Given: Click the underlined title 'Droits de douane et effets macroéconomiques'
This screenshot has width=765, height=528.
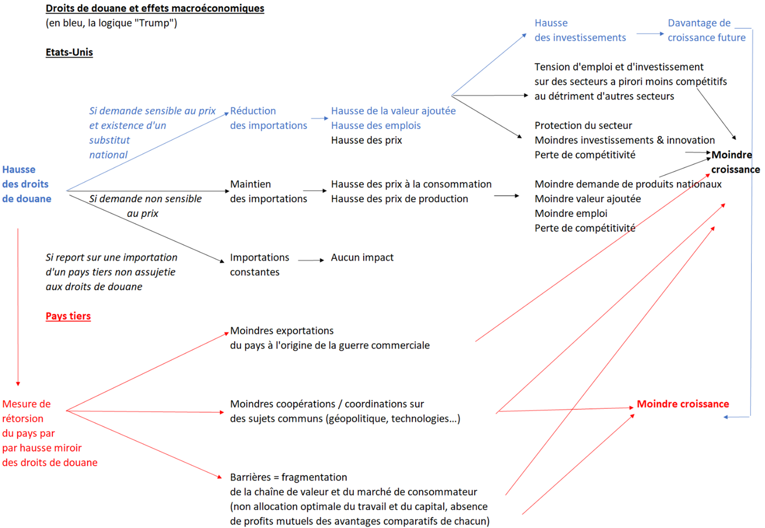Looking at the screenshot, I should tap(155, 8).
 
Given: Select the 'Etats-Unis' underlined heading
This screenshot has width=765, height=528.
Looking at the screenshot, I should tap(69, 52).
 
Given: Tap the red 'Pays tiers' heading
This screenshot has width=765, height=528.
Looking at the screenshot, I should tap(68, 316).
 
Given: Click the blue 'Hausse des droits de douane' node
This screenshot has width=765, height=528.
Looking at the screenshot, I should tap(26, 184).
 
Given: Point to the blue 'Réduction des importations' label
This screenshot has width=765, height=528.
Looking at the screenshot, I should tap(268, 118).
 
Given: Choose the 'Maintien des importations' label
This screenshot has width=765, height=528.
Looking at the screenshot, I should tap(268, 191).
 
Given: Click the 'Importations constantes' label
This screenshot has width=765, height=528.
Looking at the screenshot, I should tap(259, 265).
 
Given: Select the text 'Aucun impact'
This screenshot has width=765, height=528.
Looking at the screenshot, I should tap(362, 257).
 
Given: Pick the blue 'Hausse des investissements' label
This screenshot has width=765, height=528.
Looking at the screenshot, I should tap(580, 30).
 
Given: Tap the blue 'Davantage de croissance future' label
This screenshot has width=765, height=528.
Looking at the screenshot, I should tap(706, 30).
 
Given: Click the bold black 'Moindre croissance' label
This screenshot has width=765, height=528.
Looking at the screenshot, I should tap(734, 162).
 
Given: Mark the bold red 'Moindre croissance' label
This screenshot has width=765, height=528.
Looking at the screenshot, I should tap(682, 404).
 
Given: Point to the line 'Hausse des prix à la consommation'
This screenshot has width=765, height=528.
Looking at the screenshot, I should tap(411, 184).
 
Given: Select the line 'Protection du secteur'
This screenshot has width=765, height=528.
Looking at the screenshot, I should tap(583, 126).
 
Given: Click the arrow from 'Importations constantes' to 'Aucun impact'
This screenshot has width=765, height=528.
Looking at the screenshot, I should tap(311, 260).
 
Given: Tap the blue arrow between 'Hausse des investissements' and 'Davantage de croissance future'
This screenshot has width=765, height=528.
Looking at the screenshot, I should tap(650, 34).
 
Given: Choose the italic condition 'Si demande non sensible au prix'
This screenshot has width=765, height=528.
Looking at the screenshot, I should tap(145, 206).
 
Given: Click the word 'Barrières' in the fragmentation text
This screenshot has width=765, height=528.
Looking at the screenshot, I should tap(250, 477).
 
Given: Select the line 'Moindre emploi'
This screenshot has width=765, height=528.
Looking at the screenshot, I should tap(570, 214).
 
